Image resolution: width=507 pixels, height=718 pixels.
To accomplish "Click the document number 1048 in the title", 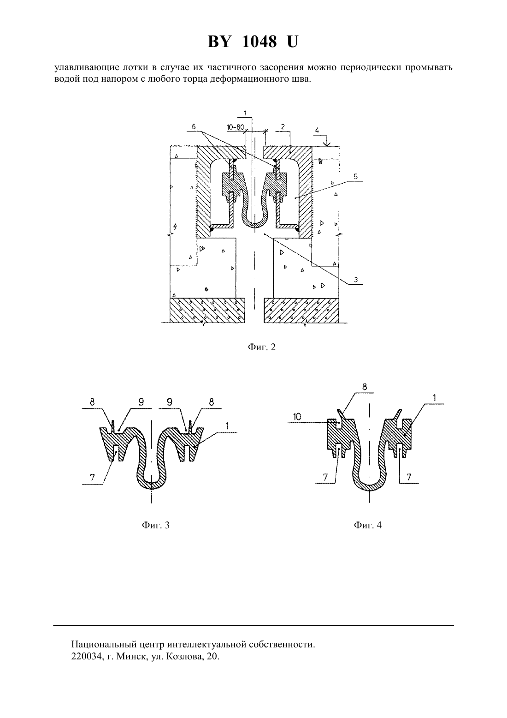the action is click(x=259, y=42).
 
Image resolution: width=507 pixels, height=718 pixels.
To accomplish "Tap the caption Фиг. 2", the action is click(x=261, y=347).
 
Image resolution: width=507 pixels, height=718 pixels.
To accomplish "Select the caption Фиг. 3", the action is click(x=156, y=525).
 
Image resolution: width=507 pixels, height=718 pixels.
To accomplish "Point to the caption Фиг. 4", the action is click(x=368, y=525).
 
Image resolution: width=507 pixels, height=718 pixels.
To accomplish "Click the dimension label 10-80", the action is click(x=235, y=127).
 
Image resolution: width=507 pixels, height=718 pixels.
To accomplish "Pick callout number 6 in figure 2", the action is click(x=193, y=126).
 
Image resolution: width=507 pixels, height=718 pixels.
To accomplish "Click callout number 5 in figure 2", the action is click(x=356, y=177).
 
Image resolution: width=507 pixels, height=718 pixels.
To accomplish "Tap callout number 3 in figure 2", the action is click(x=356, y=280).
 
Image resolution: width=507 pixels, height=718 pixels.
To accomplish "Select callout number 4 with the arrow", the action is click(x=317, y=131).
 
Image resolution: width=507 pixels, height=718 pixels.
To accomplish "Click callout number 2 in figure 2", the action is click(x=283, y=126).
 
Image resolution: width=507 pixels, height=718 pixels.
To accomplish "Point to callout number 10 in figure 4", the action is click(x=297, y=417).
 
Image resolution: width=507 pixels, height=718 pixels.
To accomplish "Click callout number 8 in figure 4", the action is click(x=365, y=387).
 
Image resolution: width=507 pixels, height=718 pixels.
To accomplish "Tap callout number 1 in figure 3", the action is click(x=227, y=426).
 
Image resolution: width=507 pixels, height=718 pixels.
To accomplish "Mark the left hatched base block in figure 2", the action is click(x=207, y=310).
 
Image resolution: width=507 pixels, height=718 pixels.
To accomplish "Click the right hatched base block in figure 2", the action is click(x=301, y=310).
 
